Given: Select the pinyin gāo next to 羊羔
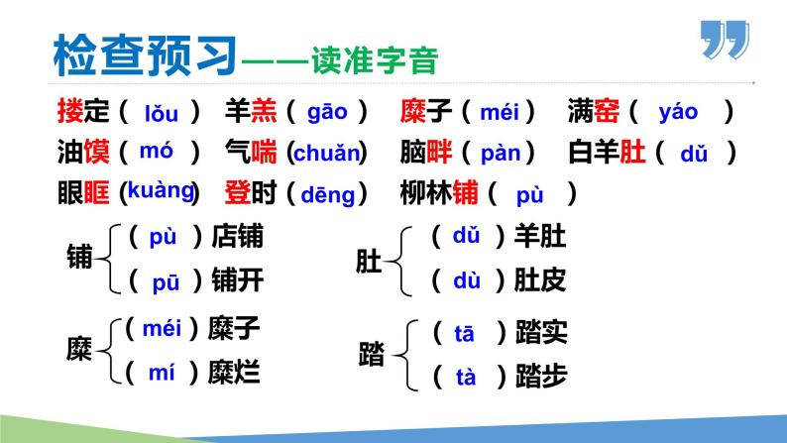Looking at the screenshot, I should tap(327, 111).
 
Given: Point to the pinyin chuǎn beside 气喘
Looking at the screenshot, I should tap(326, 155).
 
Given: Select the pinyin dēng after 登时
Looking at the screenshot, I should tap(327, 194).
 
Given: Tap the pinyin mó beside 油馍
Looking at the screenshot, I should tap(157, 152).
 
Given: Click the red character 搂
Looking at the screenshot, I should tap(70, 112).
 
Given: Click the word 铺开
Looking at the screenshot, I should tap(238, 280).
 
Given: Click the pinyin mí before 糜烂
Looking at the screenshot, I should tap(162, 373).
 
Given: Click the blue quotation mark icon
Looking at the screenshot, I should tap(723, 41).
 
